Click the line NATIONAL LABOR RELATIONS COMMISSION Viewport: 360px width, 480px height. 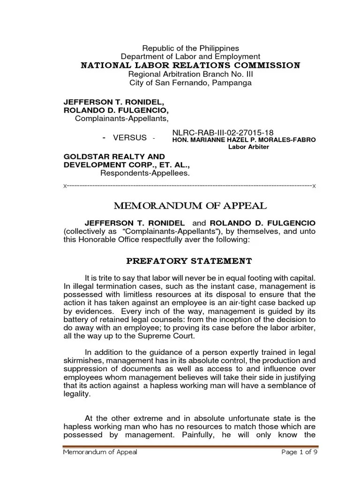click(x=190, y=65)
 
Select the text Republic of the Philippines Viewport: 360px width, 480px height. click(x=190, y=48)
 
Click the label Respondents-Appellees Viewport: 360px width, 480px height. click(x=145, y=173)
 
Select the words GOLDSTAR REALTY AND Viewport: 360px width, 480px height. click(x=114, y=157)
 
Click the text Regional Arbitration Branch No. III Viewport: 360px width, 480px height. click(x=190, y=75)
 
